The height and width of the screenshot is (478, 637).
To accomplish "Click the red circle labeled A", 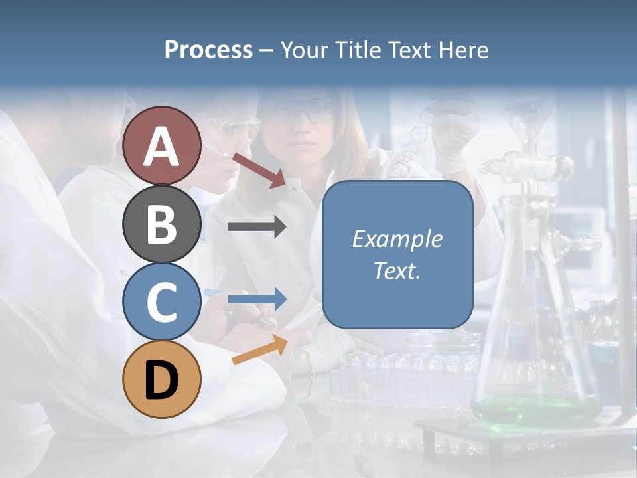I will click(x=162, y=145).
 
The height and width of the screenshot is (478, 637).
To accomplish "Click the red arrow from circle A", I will click(x=259, y=169).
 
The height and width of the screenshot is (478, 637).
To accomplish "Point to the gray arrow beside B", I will click(x=257, y=227).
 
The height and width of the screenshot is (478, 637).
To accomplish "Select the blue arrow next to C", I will click(x=257, y=299).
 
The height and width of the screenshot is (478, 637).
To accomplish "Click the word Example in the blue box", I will click(x=397, y=239).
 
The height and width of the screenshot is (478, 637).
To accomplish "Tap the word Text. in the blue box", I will click(x=397, y=271).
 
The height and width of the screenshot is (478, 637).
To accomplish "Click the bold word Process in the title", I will click(x=208, y=50).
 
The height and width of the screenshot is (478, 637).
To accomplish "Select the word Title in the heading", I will click(x=358, y=50).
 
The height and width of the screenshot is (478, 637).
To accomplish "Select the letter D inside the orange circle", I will click(x=162, y=380).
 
